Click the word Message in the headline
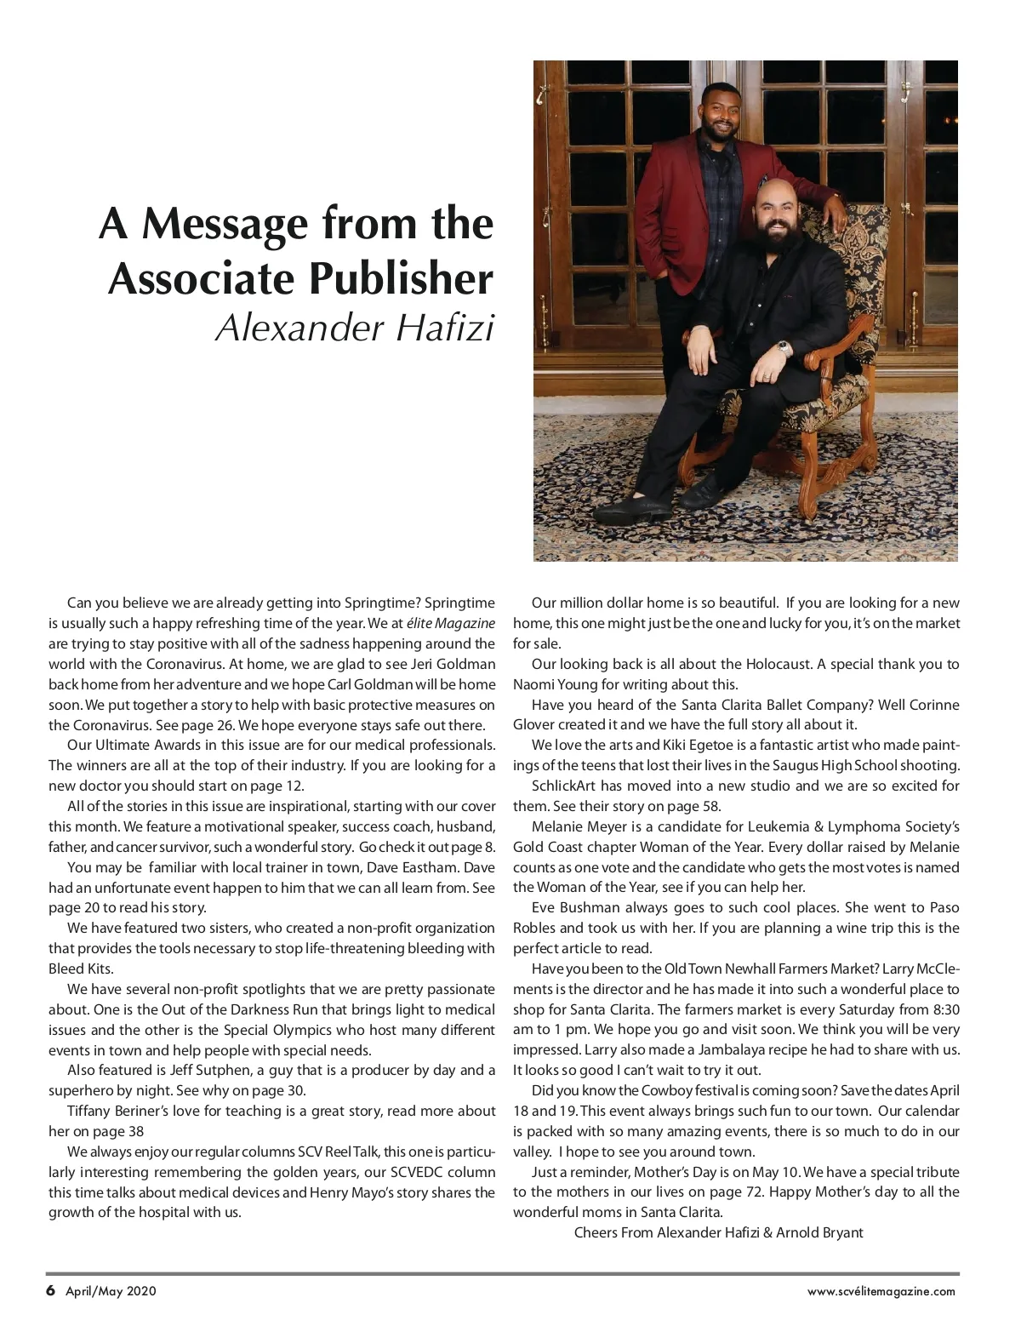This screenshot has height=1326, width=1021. click(x=224, y=223)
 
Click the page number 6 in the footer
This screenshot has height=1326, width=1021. click(x=50, y=1290)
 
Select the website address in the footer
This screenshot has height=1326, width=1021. click(x=881, y=1291)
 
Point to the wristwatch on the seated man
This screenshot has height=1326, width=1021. click(x=782, y=348)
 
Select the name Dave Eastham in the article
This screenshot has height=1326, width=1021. click(x=425, y=867)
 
